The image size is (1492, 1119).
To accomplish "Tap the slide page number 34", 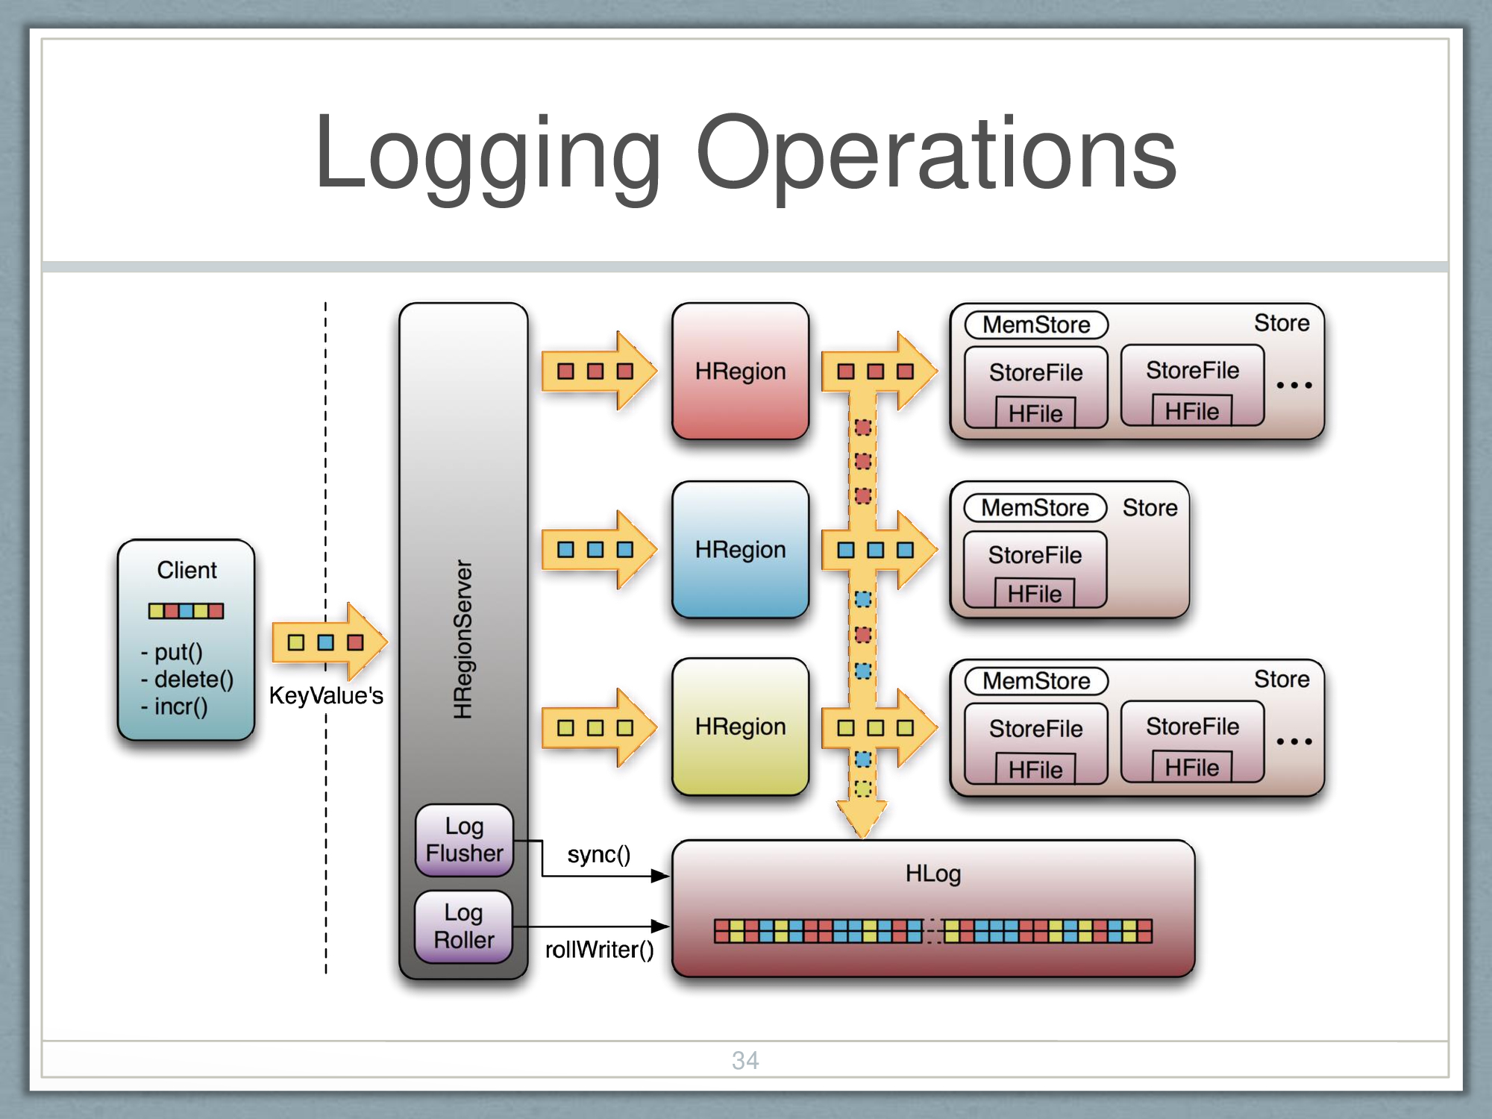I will click(745, 1060).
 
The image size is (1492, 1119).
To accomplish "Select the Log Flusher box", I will click(464, 840).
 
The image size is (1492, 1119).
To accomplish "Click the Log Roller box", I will click(463, 927).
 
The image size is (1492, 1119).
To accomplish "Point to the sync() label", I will click(598, 854).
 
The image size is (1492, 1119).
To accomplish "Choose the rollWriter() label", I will click(599, 950).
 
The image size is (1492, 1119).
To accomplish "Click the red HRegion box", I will click(740, 371).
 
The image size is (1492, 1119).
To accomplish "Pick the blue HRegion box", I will click(740, 550).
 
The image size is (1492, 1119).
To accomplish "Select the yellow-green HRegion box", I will click(740, 727).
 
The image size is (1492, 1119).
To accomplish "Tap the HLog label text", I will click(932, 874).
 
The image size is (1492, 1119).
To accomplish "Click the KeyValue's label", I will click(326, 695).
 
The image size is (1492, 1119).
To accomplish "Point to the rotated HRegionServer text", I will click(463, 639).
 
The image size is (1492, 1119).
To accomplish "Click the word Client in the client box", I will click(186, 570).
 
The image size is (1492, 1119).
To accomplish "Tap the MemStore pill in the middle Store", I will click(1035, 508).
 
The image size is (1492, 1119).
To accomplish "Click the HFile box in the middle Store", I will click(1035, 594).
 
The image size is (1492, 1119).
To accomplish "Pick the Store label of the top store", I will click(1282, 323).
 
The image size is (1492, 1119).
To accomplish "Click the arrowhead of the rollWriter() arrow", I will click(660, 927).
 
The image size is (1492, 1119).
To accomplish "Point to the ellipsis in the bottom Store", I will click(1294, 742).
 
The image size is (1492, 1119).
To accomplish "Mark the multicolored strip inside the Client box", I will click(186, 611).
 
